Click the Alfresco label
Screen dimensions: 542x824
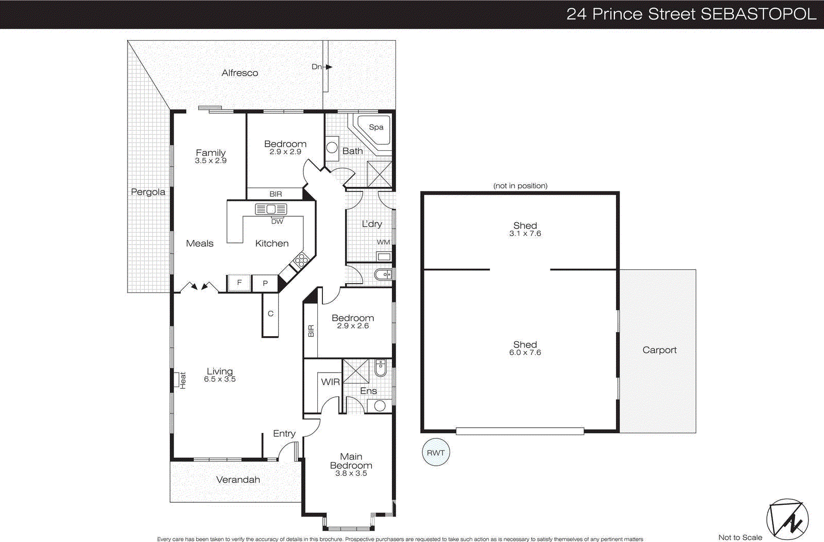click(x=239, y=73)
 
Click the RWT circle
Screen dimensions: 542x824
click(x=435, y=453)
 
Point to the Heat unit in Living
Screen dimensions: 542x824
click(x=180, y=380)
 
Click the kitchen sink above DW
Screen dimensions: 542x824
click(x=271, y=209)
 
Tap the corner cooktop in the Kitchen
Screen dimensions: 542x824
click(x=301, y=261)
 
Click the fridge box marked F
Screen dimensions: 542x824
click(x=239, y=283)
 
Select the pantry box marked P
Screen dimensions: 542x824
click(x=265, y=283)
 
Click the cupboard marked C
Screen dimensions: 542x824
click(x=270, y=314)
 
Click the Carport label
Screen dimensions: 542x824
click(x=659, y=350)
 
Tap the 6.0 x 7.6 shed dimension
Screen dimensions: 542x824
click(x=525, y=353)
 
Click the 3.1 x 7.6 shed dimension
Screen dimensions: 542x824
click(x=525, y=234)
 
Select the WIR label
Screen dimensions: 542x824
click(x=330, y=382)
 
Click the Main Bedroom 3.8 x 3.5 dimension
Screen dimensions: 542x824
click(x=351, y=474)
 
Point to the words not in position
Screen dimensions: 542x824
click(x=520, y=186)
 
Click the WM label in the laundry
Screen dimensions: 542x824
click(x=383, y=242)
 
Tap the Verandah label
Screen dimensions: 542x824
click(x=238, y=480)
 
